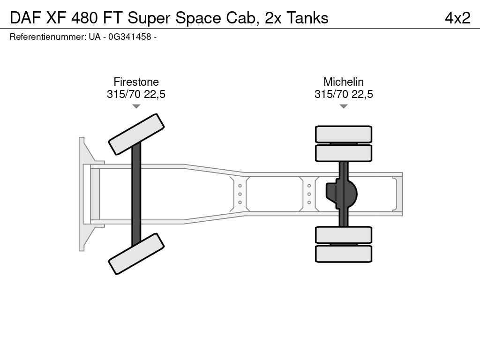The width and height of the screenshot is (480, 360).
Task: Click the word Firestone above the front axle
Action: tap(136, 82)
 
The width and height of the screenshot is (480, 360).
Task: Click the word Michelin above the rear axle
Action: tap(343, 82)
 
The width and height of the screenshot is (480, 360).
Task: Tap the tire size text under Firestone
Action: tap(136, 94)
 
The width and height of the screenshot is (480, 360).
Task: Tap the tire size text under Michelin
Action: tap(343, 94)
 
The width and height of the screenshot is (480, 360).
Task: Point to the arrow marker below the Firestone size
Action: tap(136, 106)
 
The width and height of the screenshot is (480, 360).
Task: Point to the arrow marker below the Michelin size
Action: tap(343, 106)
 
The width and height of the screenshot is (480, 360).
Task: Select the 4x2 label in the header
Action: tap(457, 18)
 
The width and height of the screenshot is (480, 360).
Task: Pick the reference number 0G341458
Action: tap(129, 37)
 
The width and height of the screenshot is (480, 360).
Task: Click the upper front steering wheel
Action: tap(136, 134)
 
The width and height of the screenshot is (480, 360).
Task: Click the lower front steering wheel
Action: tap(136, 254)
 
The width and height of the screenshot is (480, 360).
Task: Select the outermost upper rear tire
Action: tap(344, 134)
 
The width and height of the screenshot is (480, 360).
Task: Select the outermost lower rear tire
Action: tap(344, 254)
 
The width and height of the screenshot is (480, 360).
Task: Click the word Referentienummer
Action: tap(47, 37)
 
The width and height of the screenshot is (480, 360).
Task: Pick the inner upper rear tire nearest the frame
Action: tap(344, 153)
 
